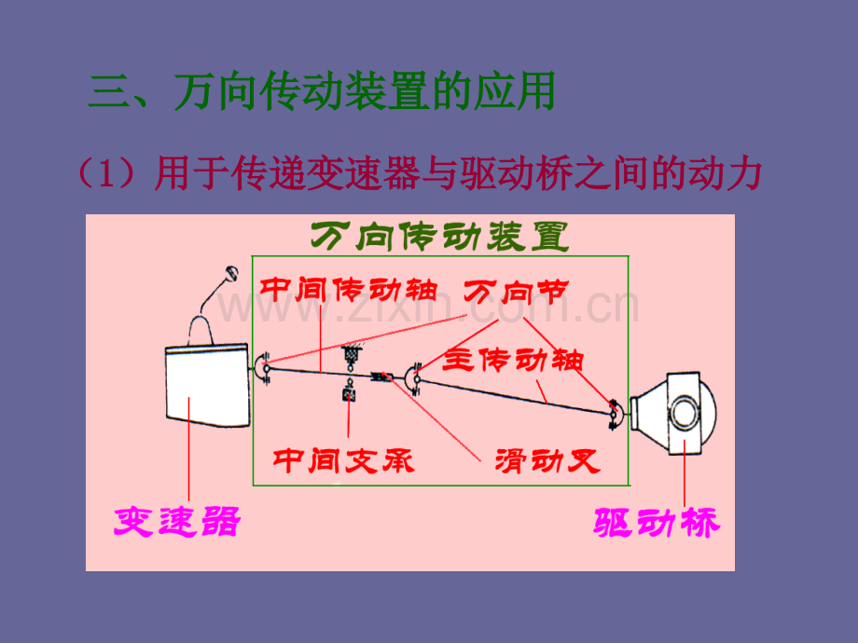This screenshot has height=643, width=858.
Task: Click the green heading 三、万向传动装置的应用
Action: click(x=322, y=90)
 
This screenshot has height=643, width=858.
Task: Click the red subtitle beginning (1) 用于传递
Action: click(x=419, y=173)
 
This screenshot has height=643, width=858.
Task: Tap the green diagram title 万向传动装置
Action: click(x=440, y=236)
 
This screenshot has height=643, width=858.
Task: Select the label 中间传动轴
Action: click(x=349, y=290)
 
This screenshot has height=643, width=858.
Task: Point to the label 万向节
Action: click(x=517, y=292)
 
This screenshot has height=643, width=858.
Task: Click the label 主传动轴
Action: click(x=513, y=359)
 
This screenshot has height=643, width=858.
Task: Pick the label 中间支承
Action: click(x=343, y=460)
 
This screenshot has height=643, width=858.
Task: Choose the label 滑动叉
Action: click(x=547, y=461)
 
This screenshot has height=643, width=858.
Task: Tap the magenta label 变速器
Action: click(x=177, y=521)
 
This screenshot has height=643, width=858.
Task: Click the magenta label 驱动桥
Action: click(x=657, y=522)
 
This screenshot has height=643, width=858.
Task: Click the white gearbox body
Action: click(x=207, y=385)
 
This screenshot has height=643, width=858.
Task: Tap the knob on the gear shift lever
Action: click(x=232, y=273)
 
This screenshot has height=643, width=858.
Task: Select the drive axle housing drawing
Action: click(x=672, y=413)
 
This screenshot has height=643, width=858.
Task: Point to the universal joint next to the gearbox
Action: click(x=263, y=368)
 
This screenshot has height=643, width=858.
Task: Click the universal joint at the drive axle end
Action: click(x=615, y=414)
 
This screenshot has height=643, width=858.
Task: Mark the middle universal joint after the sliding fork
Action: click(x=414, y=378)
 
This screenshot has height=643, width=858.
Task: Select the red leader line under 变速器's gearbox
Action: click(x=188, y=448)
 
